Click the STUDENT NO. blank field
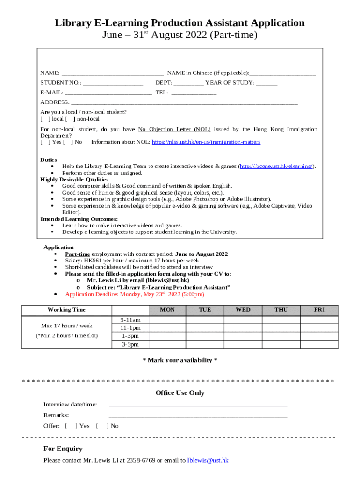click(113, 83)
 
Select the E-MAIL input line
click(108, 93)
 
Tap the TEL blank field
click(194, 93)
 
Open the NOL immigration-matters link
click(206, 142)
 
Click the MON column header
click(167, 310)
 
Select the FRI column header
click(319, 310)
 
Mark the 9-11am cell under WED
click(243, 320)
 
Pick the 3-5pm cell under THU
click(281, 345)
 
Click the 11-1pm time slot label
click(130, 328)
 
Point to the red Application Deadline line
click(135, 294)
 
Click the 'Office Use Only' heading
click(180, 393)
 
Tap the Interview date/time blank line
click(198, 405)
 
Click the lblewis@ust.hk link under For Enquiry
click(208, 460)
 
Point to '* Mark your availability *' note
click(180, 360)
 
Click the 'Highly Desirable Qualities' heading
click(74, 180)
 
